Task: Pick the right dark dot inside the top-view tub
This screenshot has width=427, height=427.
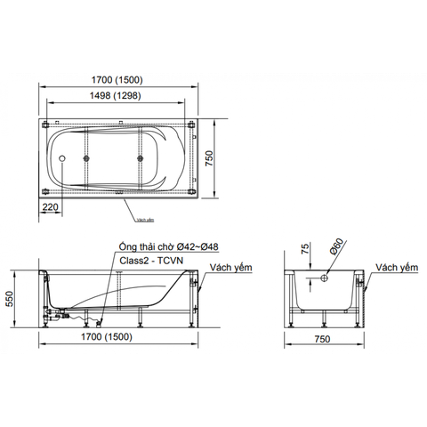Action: click(140, 159)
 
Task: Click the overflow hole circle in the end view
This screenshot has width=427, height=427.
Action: click(326, 278)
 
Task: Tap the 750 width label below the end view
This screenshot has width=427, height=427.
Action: click(326, 341)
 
